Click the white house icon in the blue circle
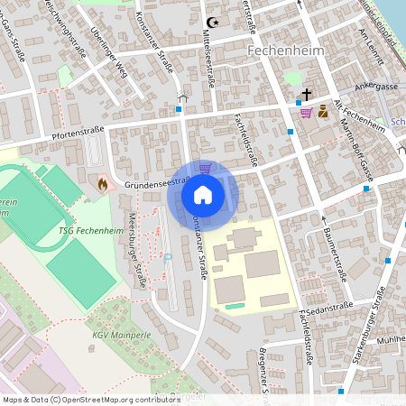click(x=203, y=194)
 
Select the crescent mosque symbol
click(x=213, y=22)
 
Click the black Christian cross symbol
click(x=306, y=95)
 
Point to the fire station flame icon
click(x=102, y=184)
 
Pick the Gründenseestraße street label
click(x=154, y=180)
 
